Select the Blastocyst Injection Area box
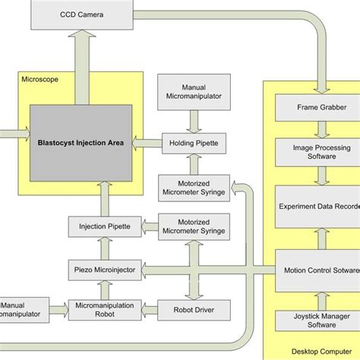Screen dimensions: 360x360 [79, 141]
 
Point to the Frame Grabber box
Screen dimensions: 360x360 [318, 108]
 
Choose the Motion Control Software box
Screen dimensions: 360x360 [318, 268]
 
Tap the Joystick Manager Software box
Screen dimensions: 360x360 [318, 320]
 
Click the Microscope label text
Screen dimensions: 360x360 [38, 78]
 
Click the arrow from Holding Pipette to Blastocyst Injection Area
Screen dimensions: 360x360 [146, 141]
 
